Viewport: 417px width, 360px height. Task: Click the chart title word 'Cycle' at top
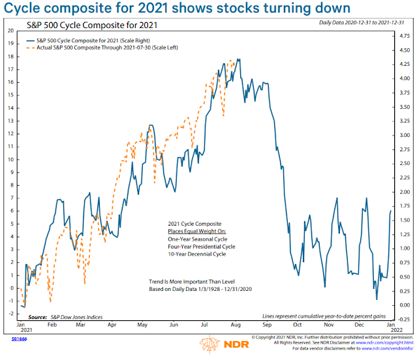(27, 10)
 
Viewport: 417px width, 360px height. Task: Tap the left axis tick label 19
(11, 43)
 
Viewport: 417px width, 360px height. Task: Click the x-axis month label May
(143, 323)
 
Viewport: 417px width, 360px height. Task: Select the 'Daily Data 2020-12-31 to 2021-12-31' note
(365, 23)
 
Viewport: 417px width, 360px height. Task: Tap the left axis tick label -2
(11, 314)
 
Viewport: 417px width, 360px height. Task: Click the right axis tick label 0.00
(405, 305)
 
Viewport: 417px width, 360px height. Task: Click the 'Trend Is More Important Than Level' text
(193, 282)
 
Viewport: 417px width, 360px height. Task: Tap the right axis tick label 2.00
(405, 192)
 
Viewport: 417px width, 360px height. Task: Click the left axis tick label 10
(11, 159)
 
